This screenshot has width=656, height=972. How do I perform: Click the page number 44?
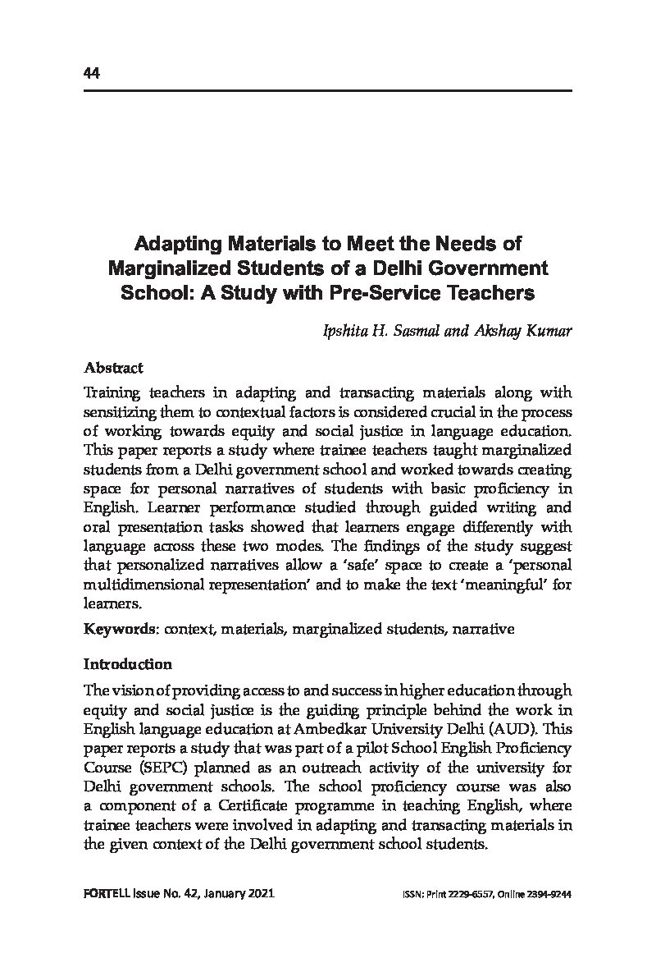pyautogui.click(x=91, y=74)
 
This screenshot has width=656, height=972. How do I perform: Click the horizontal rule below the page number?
pyautogui.click(x=327, y=90)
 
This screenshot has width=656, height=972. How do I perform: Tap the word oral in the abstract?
pyautogui.click(x=97, y=526)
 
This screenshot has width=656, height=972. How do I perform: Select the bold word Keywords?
pyautogui.click(x=121, y=630)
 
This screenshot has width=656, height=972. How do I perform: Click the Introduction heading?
pyautogui.click(x=128, y=664)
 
